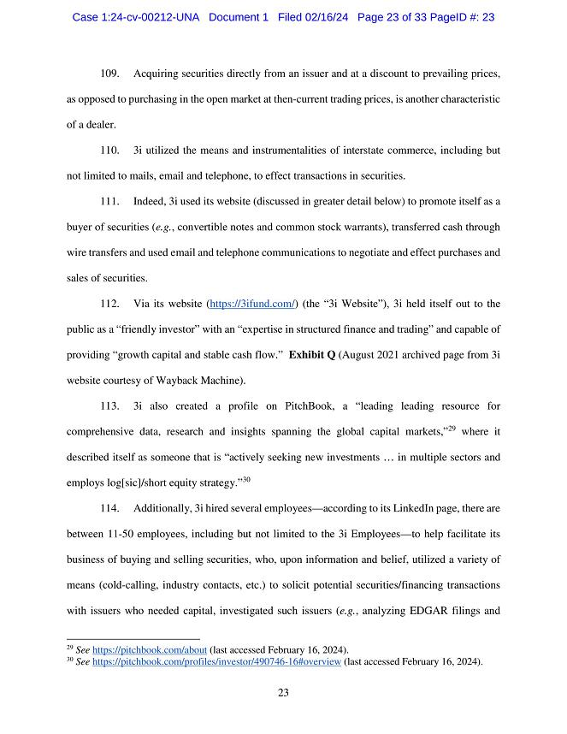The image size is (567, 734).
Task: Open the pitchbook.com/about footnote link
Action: [x=149, y=649]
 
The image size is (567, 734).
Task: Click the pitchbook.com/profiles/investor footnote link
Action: [x=216, y=661]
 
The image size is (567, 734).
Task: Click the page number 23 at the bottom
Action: [x=283, y=693]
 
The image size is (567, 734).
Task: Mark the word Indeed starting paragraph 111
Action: [x=151, y=201]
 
